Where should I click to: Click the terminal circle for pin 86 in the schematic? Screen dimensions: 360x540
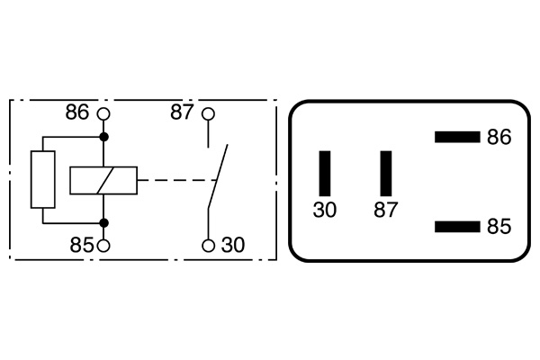[103, 114]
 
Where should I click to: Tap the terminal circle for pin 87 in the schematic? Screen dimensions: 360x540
[208, 114]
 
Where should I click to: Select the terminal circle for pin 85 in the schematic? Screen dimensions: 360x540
[103, 245]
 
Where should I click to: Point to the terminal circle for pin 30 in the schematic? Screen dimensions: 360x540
[208, 245]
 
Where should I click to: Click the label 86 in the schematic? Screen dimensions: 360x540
[78, 113]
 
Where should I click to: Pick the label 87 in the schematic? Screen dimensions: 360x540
[183, 113]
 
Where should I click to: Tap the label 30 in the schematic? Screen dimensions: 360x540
[233, 245]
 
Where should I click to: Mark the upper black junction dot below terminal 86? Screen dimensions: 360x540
[103, 137]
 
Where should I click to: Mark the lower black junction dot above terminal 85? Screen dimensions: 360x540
[103, 222]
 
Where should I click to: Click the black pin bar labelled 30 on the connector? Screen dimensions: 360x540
[325, 173]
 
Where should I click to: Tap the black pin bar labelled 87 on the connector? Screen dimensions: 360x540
[386, 173]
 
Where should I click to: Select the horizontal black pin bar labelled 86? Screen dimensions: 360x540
[456, 137]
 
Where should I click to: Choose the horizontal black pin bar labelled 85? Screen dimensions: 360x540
[456, 226]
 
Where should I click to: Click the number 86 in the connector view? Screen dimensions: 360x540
[499, 138]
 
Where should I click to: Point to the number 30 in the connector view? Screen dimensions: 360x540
[325, 211]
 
